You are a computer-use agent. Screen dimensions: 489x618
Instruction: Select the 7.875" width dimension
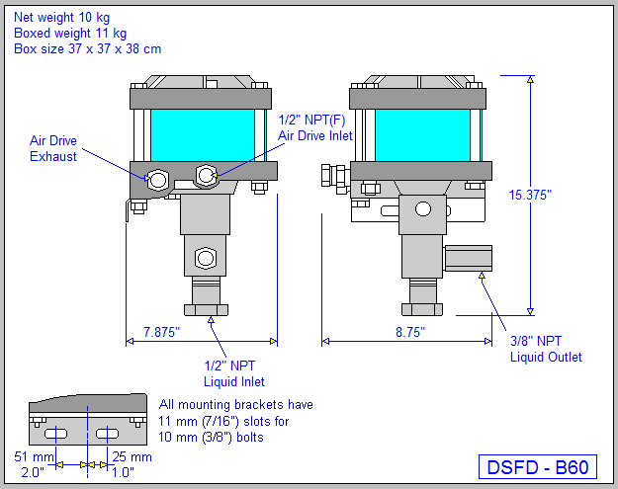pos(162,333)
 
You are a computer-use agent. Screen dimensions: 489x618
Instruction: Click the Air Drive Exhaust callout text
pos(53,148)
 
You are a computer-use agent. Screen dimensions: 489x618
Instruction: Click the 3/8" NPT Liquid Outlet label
pos(546,349)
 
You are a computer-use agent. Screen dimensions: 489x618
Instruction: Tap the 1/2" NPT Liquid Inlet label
pos(234,372)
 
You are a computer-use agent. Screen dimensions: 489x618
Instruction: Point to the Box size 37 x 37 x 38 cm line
pos(88,48)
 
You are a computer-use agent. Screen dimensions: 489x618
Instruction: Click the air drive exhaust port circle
pos(156,180)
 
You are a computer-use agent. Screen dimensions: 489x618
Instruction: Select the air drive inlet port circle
pos(206,176)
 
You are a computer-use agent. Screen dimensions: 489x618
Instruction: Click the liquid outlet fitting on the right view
pos(468,259)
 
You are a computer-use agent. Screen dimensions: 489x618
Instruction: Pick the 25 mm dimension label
pos(132,457)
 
